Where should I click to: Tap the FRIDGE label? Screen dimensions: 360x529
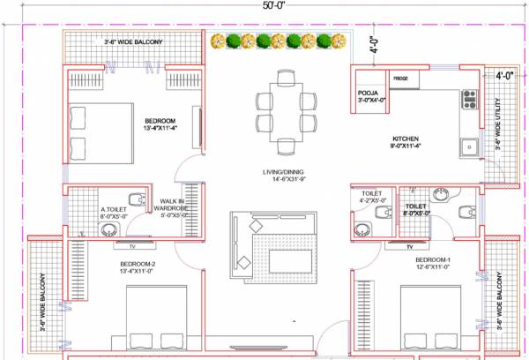pos(401,79)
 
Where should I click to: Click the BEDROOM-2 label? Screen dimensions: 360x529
pos(137,266)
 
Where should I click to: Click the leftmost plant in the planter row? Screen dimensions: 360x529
pos(218,41)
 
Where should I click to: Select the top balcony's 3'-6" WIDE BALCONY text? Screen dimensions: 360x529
pos(133,41)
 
